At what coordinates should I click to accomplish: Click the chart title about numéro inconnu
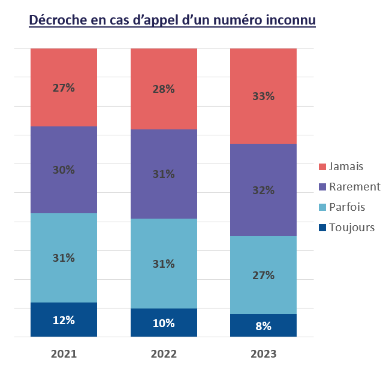[172, 20]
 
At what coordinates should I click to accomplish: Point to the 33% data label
[263, 96]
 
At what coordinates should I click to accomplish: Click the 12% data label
[64, 320]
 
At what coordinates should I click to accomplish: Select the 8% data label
[263, 326]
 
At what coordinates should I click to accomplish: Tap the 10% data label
[164, 323]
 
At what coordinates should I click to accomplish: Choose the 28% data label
[164, 89]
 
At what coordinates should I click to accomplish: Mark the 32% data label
[263, 190]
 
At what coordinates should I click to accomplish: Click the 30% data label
[64, 170]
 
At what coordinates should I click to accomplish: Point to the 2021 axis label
[64, 353]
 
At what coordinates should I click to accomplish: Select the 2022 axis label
[164, 353]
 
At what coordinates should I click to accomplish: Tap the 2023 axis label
[263, 353]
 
